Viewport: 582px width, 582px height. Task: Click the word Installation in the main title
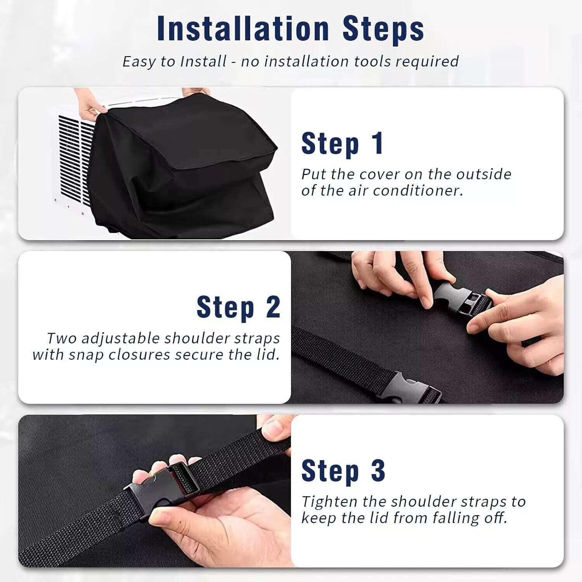[243, 29]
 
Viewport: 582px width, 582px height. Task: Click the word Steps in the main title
[383, 29]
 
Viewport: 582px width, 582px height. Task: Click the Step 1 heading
[342, 144]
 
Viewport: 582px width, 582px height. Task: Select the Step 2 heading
[238, 307]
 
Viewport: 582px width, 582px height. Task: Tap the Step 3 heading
[343, 471]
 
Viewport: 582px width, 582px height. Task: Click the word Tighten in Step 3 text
[329, 502]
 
